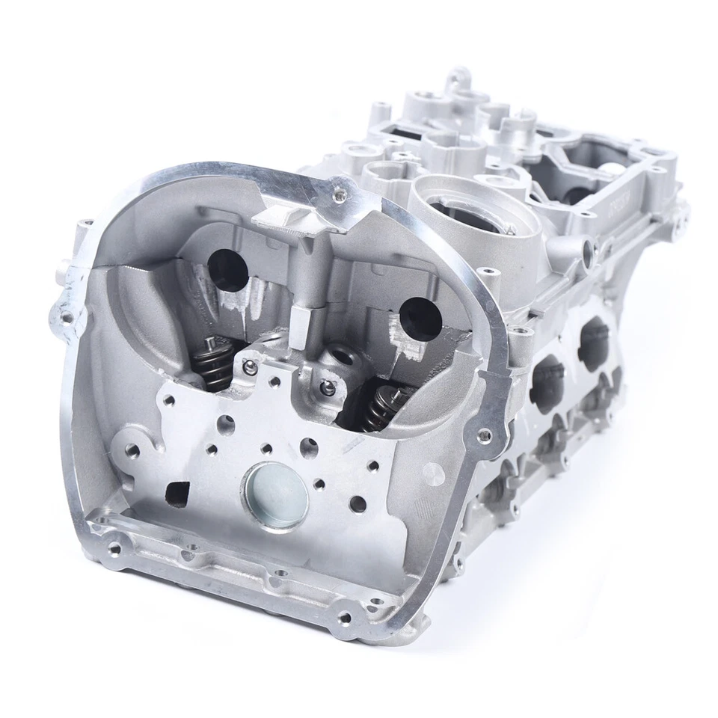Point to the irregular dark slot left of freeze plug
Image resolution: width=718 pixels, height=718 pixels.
[178, 491]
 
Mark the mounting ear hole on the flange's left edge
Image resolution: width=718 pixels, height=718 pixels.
[67, 317]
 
